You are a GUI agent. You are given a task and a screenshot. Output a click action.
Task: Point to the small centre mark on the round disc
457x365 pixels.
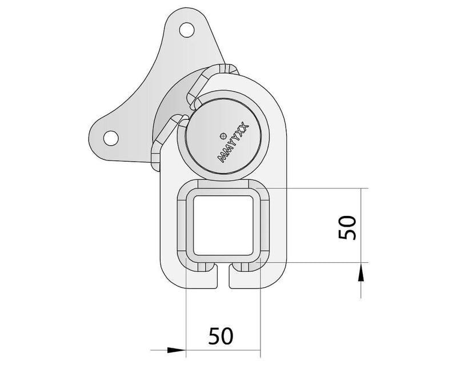[223, 135]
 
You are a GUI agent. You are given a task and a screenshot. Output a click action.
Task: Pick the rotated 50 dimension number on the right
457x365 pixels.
[348, 227]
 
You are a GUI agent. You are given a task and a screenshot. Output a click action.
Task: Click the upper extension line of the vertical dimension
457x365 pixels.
[320, 188]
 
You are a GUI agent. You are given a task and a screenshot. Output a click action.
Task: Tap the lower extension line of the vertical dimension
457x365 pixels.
[320, 263]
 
